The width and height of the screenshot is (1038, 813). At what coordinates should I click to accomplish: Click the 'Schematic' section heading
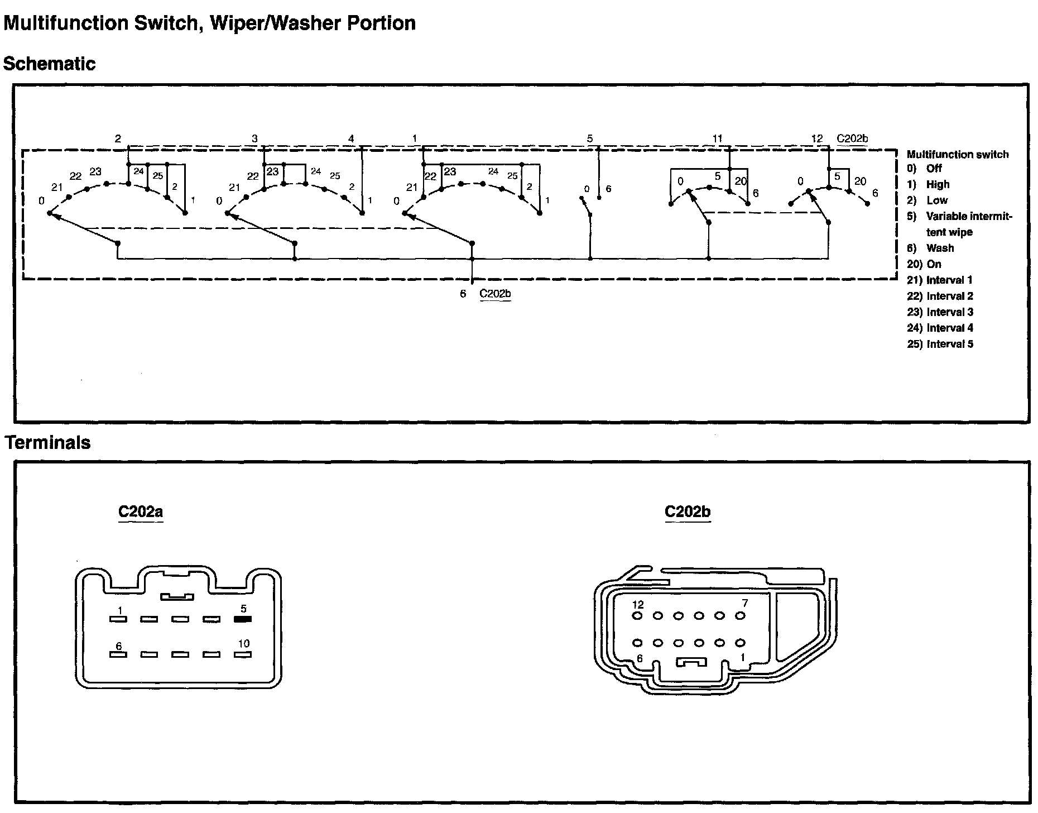tap(49, 64)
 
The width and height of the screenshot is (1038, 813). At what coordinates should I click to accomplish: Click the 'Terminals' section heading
tap(47, 442)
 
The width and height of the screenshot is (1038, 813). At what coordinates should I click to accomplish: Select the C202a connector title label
tap(141, 511)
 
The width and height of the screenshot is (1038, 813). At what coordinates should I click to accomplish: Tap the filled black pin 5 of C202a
tap(243, 619)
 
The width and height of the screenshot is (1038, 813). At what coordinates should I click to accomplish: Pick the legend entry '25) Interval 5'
tap(940, 344)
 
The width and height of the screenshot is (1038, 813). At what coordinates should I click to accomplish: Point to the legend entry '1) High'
tap(928, 184)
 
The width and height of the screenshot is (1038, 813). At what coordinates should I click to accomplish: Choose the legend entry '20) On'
tap(924, 264)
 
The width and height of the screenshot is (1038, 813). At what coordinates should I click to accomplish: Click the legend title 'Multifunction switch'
tap(958, 154)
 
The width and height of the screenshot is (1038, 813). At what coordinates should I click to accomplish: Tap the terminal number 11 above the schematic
tap(717, 138)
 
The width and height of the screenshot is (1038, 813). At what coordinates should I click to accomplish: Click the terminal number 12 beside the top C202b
tap(817, 138)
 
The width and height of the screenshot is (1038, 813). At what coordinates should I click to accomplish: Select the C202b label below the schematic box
tap(496, 294)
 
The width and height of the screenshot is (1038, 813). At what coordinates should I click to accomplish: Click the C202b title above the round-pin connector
tap(688, 511)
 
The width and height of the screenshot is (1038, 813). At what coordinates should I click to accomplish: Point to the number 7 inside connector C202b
tap(744, 603)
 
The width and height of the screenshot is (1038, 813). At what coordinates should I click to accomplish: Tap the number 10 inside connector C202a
tap(243, 644)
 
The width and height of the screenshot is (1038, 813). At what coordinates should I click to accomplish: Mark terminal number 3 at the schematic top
tap(254, 138)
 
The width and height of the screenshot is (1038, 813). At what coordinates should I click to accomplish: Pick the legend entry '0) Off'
tap(924, 168)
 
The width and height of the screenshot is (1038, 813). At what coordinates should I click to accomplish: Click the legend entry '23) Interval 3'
tap(940, 312)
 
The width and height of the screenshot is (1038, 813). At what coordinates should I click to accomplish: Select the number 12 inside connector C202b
tap(638, 604)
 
